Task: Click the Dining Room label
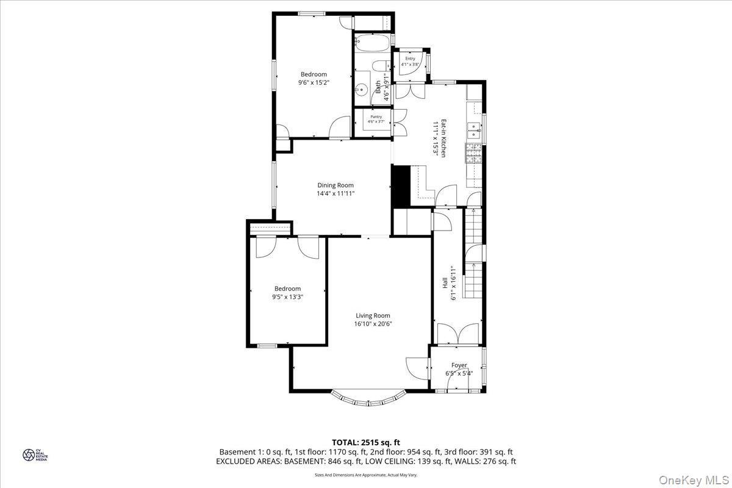point(335,185)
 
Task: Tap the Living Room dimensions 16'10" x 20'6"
point(373,324)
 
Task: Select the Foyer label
point(459,365)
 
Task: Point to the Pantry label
point(376,117)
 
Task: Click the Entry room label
point(409,59)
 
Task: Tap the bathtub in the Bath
point(371,45)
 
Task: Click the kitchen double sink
point(473,129)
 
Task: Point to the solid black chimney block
point(399,187)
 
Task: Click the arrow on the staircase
point(474,267)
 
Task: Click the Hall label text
point(445,283)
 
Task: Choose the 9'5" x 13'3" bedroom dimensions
point(287,296)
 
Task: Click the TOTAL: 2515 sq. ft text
point(365,442)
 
